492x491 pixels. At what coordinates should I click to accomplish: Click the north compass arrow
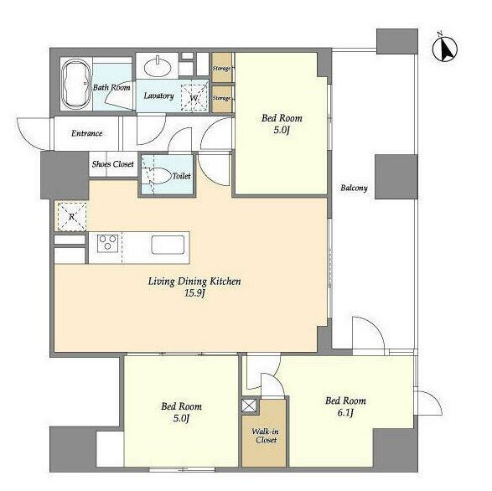(445, 49)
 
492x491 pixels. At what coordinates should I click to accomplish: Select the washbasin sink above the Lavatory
(158, 66)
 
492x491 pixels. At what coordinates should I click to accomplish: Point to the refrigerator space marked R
(71, 216)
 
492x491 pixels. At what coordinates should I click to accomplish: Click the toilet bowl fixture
(160, 176)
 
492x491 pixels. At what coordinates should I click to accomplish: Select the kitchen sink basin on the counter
(168, 245)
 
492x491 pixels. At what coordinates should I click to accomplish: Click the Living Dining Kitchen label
(194, 282)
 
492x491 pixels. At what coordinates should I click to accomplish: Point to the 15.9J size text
(194, 294)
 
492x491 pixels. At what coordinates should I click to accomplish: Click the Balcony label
(354, 188)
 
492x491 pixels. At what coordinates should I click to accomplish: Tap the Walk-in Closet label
(266, 436)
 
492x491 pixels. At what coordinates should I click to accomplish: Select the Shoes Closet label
(112, 164)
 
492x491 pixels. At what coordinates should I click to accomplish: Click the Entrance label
(87, 133)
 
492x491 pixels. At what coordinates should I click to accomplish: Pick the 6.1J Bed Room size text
(345, 413)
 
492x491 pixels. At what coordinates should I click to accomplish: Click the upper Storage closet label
(221, 68)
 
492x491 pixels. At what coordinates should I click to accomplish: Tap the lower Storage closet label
(221, 98)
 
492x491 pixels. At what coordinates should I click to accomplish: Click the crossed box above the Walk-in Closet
(249, 406)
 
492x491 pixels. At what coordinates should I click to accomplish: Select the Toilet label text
(181, 176)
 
